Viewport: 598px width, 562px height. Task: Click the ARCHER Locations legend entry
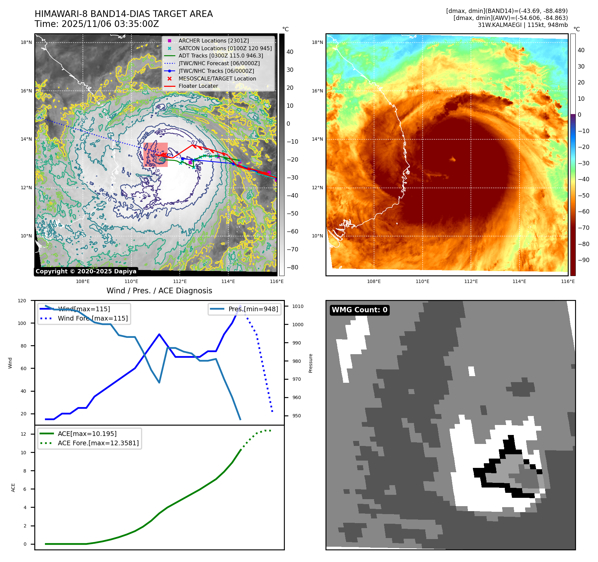(x=213, y=41)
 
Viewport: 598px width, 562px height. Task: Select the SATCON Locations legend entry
(x=225, y=48)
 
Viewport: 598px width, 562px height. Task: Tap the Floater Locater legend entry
(x=198, y=86)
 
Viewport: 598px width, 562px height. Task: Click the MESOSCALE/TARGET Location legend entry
(x=217, y=78)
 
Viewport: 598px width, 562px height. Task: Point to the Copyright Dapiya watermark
(x=86, y=271)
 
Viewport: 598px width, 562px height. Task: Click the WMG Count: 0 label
(x=359, y=310)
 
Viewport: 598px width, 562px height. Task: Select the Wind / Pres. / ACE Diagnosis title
(x=159, y=291)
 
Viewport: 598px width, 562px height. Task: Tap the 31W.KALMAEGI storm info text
(x=522, y=25)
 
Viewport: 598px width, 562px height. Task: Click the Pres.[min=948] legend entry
(x=253, y=309)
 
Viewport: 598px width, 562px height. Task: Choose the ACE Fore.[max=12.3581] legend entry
(x=98, y=443)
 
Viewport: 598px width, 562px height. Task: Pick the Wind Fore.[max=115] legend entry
(x=93, y=318)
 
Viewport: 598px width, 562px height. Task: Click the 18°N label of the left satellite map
(x=26, y=42)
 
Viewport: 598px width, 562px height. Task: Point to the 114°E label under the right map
(x=519, y=281)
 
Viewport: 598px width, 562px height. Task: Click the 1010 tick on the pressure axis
(x=298, y=306)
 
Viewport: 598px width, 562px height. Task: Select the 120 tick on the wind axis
(x=22, y=301)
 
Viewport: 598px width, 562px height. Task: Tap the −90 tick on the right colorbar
(x=583, y=260)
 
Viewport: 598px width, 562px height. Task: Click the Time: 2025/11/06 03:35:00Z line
(x=97, y=24)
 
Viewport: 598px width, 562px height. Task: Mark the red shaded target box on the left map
(x=155, y=155)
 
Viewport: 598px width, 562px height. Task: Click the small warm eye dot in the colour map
(x=453, y=159)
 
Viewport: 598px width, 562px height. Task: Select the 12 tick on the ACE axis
(x=23, y=434)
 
